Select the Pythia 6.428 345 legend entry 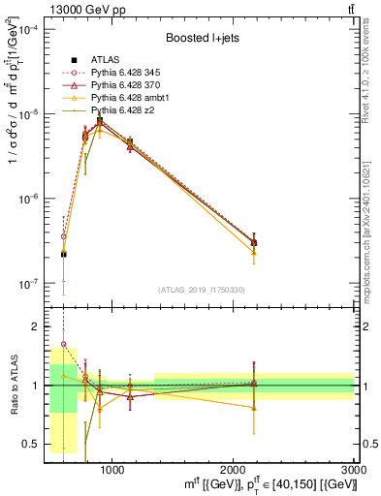pyautogui.click(x=121, y=73)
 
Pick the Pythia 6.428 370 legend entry pyautogui.click(x=121, y=86)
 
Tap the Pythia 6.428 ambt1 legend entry pyautogui.click(x=124, y=99)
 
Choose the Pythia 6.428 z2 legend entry pyautogui.click(x=118, y=111)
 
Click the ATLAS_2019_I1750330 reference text pyautogui.click(x=201, y=290)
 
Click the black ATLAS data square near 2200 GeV pyautogui.click(x=254, y=242)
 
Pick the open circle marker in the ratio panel pyautogui.click(x=64, y=344)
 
